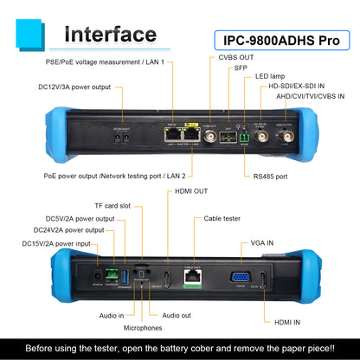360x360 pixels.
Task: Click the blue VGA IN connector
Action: pos(241,278)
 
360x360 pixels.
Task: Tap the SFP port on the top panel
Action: pos(228,137)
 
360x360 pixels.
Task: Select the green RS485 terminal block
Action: pos(244,138)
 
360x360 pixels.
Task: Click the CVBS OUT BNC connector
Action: pos(210,136)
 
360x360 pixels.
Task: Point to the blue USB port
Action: pos(125,277)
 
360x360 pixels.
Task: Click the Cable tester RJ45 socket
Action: pos(193,277)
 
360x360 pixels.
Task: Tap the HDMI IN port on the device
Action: pos(263,280)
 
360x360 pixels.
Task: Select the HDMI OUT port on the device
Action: pos(167,280)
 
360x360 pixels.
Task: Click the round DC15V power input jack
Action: pos(98,276)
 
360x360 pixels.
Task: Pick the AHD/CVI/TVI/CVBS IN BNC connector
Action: pos(287,136)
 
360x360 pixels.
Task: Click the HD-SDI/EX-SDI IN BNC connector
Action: pos(261,136)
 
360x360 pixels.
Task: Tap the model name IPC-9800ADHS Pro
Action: pos(281,41)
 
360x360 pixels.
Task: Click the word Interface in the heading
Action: pos(111,35)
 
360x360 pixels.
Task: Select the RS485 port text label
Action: pos(270,177)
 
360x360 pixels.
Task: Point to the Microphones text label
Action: pos(143,328)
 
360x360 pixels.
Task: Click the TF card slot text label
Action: pos(112,206)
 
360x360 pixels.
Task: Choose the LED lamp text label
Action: pos(270,76)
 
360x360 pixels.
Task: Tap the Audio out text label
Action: pos(177,316)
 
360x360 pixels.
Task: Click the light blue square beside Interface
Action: pos(29,33)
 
